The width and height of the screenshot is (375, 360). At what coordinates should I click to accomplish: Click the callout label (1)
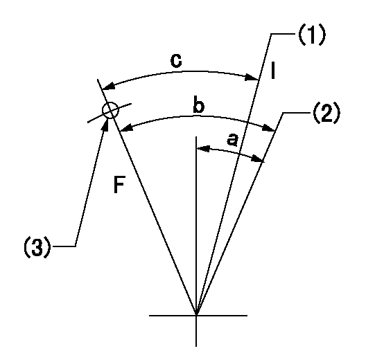(x=312, y=35)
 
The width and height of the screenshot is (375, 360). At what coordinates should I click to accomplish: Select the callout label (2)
(x=326, y=114)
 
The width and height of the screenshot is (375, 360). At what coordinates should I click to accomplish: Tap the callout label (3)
(x=37, y=246)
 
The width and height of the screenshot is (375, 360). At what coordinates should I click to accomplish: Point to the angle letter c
(x=176, y=61)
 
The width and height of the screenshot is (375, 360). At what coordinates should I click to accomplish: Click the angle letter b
(x=199, y=106)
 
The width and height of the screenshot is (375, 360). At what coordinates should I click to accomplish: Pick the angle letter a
(x=232, y=140)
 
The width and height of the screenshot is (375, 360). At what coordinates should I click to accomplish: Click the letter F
(x=119, y=185)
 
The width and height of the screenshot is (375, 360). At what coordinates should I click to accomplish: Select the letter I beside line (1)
(x=273, y=70)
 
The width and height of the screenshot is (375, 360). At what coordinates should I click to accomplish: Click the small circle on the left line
(x=110, y=110)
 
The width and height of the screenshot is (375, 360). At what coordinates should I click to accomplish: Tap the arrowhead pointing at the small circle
(x=105, y=124)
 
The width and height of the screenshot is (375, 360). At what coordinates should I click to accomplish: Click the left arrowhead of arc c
(x=108, y=86)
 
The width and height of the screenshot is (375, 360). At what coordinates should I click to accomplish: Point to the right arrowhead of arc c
(x=252, y=78)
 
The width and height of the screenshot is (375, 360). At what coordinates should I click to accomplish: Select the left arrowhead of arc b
(x=126, y=128)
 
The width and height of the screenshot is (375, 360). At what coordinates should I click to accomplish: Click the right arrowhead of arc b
(x=268, y=128)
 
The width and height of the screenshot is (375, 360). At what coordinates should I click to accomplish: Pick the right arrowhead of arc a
(x=259, y=159)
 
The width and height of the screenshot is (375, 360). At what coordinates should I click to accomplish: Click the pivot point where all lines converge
(x=196, y=315)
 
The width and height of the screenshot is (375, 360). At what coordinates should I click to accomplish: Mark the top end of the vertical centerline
(x=196, y=136)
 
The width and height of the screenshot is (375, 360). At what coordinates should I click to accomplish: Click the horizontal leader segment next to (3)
(x=64, y=246)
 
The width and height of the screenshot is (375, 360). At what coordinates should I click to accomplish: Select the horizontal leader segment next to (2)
(x=297, y=112)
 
